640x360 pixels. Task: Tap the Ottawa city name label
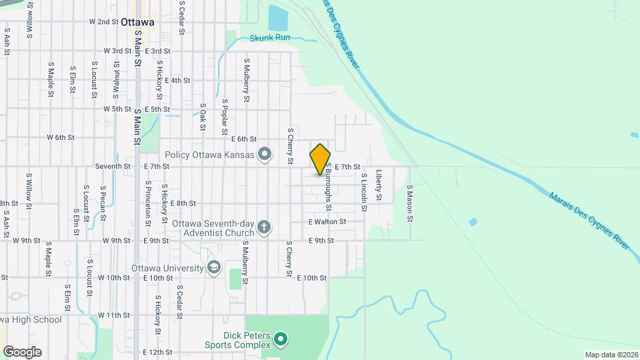click(x=138, y=22)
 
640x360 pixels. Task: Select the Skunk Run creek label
click(x=270, y=39)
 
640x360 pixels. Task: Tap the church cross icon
click(x=264, y=228)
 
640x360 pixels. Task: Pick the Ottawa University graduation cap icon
click(x=213, y=268)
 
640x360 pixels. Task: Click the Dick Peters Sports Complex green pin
click(x=281, y=339)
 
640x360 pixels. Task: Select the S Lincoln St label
click(x=364, y=192)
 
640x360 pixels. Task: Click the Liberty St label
click(x=379, y=185)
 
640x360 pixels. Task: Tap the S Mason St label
click(x=410, y=203)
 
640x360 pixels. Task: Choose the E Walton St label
click(x=327, y=221)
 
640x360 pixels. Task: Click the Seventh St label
click(x=113, y=166)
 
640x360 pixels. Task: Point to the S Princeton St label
click(x=148, y=201)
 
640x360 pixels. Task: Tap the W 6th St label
click(x=60, y=137)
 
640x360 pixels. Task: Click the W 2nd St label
click(x=103, y=21)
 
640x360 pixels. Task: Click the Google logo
click(x=22, y=351)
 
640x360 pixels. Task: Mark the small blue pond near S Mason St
click(x=473, y=222)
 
